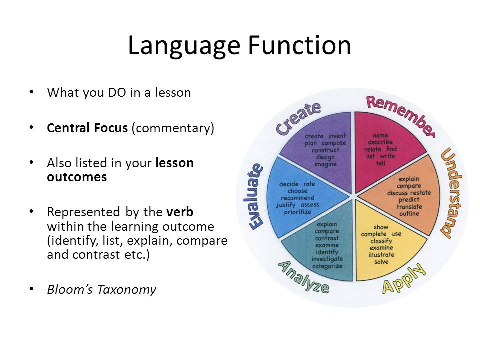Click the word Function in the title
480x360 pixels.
pyautogui.click(x=299, y=45)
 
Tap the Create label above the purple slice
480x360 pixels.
pyautogui.click(x=299, y=118)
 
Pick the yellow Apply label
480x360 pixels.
pyautogui.click(x=404, y=278)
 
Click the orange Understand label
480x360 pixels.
pyautogui.click(x=451, y=193)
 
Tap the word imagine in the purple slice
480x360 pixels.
pyautogui.click(x=325, y=164)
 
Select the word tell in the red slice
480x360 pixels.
pyautogui.click(x=381, y=163)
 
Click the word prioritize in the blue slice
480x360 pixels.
pyautogui.click(x=297, y=212)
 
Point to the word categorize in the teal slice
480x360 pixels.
pyautogui.click(x=327, y=266)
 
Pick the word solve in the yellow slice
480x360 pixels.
pyautogui.click(x=381, y=262)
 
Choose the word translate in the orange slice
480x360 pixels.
pyautogui.click(x=409, y=207)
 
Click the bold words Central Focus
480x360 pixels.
pyautogui.click(x=87, y=128)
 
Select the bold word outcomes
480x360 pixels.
pyautogui.click(x=77, y=177)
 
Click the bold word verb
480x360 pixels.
pyautogui.click(x=180, y=212)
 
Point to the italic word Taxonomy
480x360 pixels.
pyautogui.click(x=127, y=290)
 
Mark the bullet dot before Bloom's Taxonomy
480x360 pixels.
pyautogui.click(x=31, y=289)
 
